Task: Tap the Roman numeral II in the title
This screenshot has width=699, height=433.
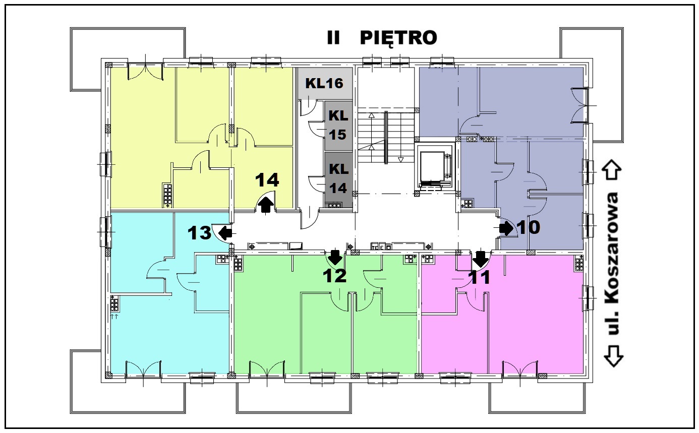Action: click(x=333, y=38)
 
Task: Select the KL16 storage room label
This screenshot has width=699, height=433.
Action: click(x=324, y=83)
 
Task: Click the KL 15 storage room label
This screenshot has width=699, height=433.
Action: click(x=338, y=125)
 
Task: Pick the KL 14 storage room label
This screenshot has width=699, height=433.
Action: click(x=338, y=178)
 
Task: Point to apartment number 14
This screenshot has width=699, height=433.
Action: click(x=267, y=180)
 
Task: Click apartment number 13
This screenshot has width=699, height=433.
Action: click(x=199, y=233)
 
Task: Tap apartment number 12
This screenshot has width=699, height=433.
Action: click(x=334, y=276)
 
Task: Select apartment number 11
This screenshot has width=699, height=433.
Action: click(x=480, y=277)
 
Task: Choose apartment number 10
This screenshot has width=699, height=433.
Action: click(x=529, y=227)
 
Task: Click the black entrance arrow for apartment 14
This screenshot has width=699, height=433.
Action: click(x=265, y=206)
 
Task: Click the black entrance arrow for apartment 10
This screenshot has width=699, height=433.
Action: click(x=506, y=229)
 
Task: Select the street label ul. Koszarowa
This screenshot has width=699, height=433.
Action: click(x=613, y=264)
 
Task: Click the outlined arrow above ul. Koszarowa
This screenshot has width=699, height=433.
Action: click(x=613, y=170)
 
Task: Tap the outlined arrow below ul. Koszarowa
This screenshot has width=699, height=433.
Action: click(x=613, y=356)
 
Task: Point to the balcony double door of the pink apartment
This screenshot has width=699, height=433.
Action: click(x=519, y=369)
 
